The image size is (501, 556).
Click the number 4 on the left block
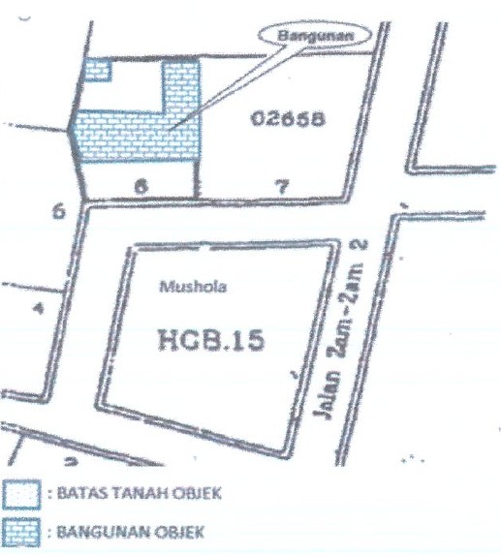tap(39, 309)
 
